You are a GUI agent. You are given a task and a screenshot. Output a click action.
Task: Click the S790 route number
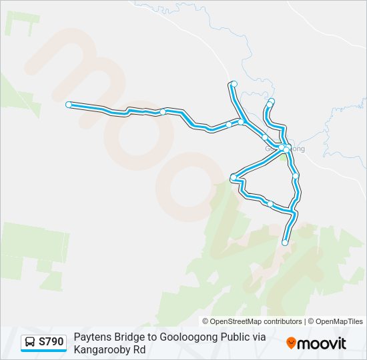click(x=51, y=342)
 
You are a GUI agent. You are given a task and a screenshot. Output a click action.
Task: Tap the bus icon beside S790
click(x=31, y=342)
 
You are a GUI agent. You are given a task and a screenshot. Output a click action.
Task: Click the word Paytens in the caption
click(x=90, y=337)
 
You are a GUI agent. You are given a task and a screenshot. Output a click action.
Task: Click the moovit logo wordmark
click(x=322, y=343)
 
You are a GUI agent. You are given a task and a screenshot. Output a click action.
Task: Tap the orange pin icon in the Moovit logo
click(x=291, y=343)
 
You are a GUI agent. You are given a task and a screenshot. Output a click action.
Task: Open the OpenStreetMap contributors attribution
click(x=256, y=321)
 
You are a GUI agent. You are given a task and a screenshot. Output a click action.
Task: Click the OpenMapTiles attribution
click(x=340, y=321)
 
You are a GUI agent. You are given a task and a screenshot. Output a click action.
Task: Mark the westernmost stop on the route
click(x=69, y=105)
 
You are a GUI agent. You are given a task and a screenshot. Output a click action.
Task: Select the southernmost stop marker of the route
click(x=285, y=243)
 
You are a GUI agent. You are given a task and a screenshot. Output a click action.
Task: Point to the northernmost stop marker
click(x=234, y=83)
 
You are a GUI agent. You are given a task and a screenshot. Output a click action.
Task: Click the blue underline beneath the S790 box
click(x=43, y=351)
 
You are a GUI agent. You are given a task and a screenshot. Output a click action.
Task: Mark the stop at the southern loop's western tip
click(x=234, y=177)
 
